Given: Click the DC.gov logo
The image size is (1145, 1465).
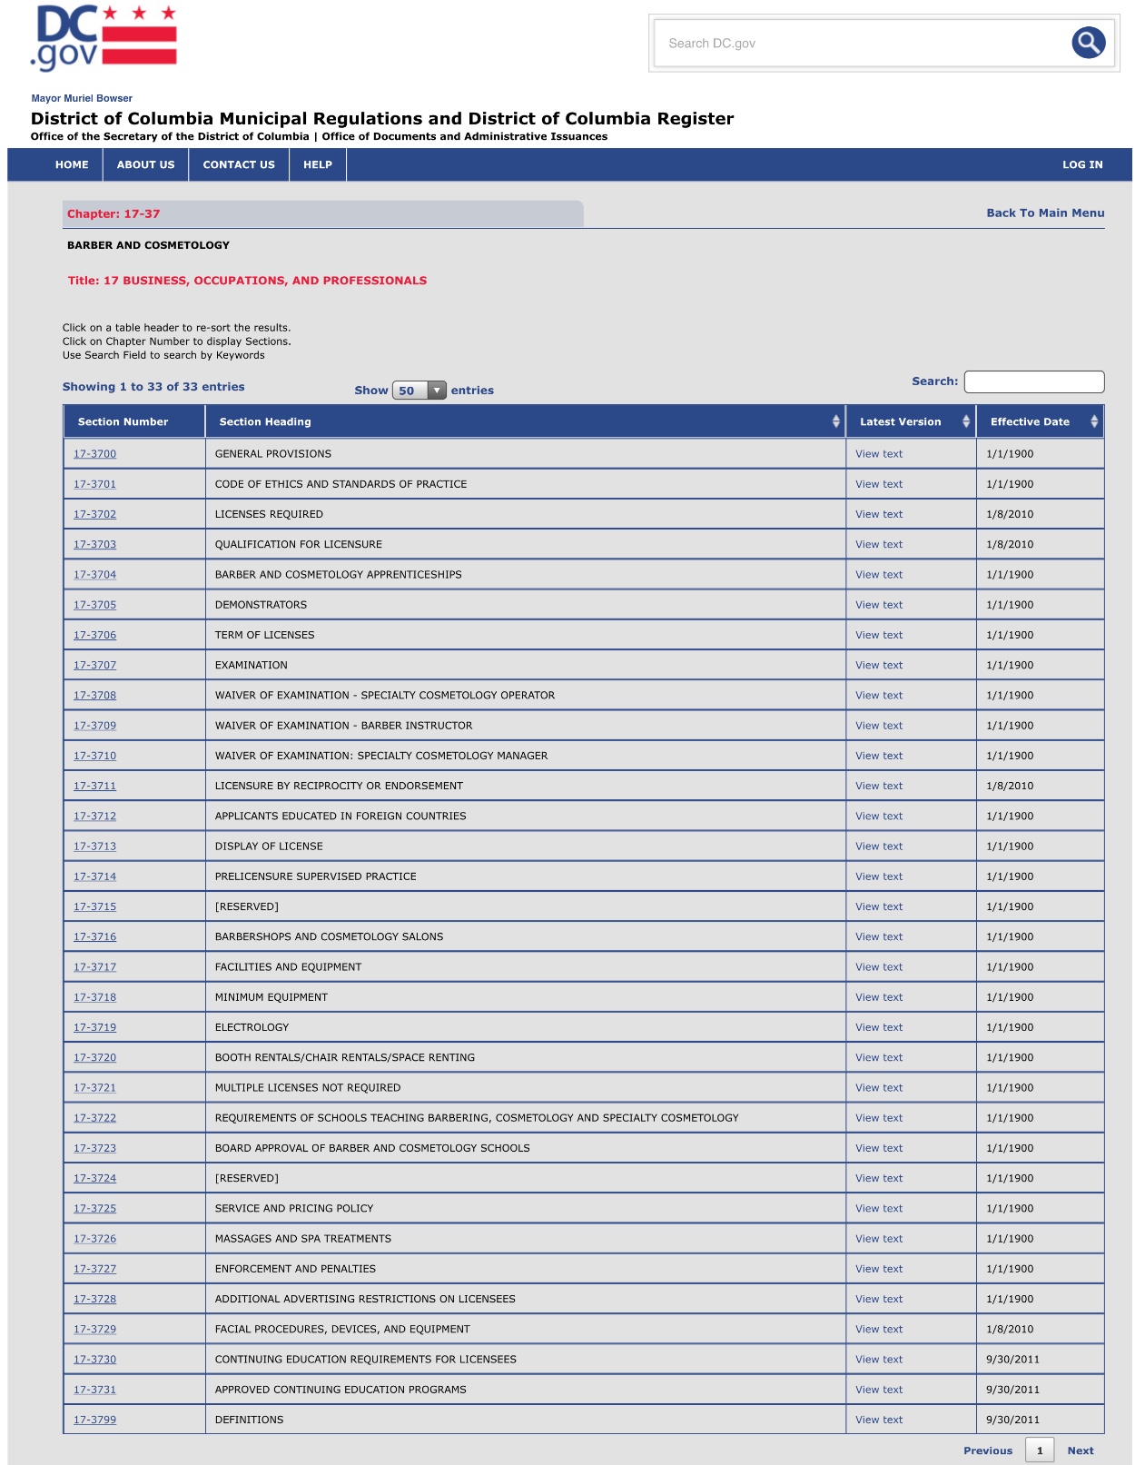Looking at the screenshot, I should coord(104,38).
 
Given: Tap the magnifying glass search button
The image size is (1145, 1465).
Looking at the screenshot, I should coord(1088,43).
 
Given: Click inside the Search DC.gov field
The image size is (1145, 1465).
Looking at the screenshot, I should coord(858,43).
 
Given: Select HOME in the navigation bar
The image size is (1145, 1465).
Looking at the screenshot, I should coord(72,164).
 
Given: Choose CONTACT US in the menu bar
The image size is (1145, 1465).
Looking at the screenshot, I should coord(239,164).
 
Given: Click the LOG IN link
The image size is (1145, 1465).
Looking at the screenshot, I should coord(1082,164).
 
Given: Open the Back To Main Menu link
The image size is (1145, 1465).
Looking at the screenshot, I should coord(1045,213).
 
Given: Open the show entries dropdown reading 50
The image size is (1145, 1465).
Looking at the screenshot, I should coord(419,391).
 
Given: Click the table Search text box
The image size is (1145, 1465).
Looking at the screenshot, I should coord(1033,381).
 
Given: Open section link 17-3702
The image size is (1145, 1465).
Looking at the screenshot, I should coord(94,514).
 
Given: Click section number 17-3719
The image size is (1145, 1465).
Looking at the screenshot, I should coord(94,1027).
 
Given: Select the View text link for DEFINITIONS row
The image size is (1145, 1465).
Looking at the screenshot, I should coord(879,1420).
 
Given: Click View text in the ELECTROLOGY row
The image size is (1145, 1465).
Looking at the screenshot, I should coord(879,1027).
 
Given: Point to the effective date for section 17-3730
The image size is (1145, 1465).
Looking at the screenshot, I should coord(1012,1360).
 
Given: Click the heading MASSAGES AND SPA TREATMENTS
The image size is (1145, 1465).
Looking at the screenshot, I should coord(303,1239).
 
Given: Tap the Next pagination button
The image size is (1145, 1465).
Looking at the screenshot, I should coord(1081,1450).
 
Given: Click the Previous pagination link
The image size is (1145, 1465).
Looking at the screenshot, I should coord(988,1450).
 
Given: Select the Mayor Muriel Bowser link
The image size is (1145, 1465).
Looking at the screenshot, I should coord(82,98).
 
